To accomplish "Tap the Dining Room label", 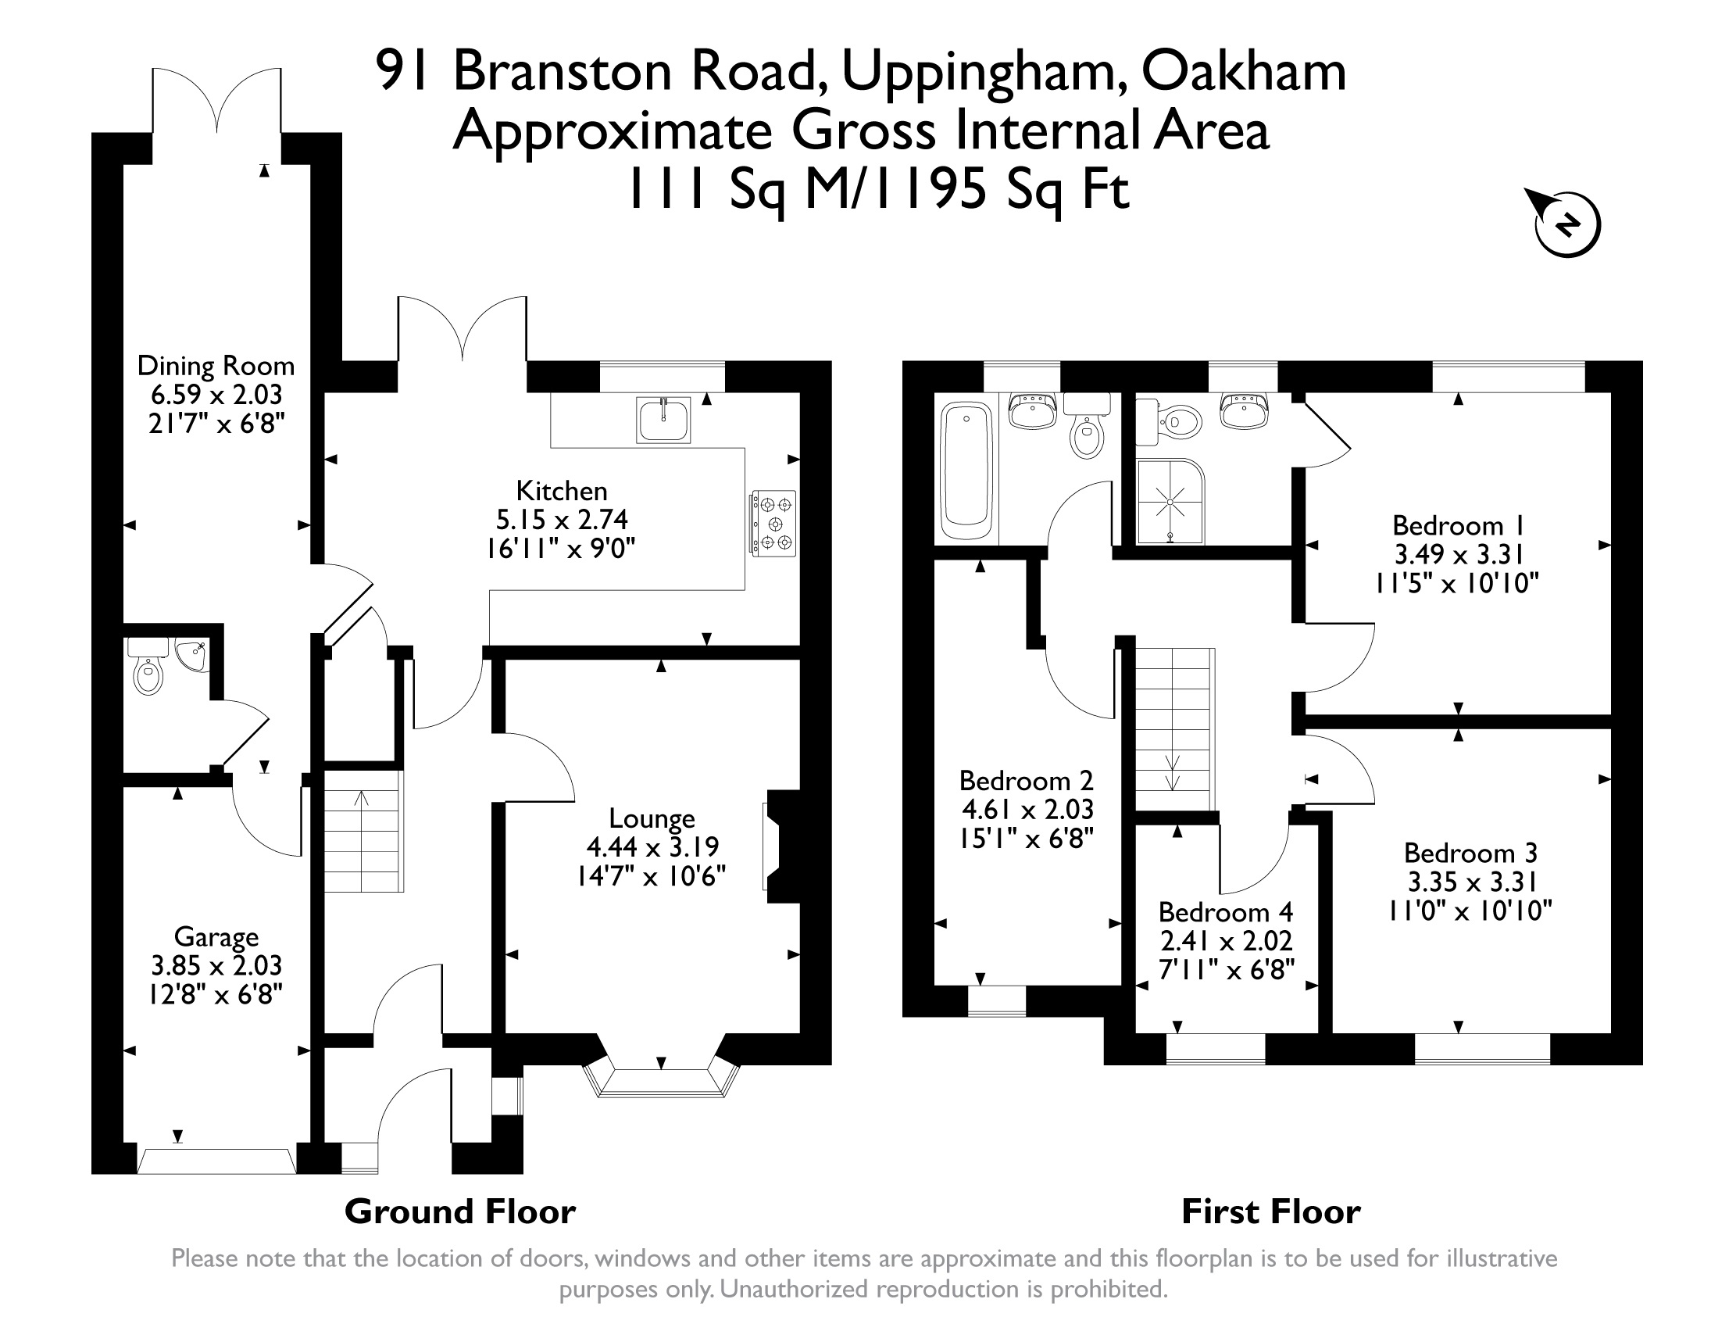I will pyautogui.click(x=216, y=366).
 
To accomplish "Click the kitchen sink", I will pyautogui.click(x=663, y=420).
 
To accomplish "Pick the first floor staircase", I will pyautogui.click(x=1173, y=729).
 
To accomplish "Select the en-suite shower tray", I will pyautogui.click(x=1170, y=502).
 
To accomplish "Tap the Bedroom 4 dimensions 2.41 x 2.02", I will pyautogui.click(x=1227, y=940).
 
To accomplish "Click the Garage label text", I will pyautogui.click(x=216, y=936).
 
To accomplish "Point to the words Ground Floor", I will pyautogui.click(x=459, y=1211).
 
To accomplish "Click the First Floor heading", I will pyautogui.click(x=1270, y=1211).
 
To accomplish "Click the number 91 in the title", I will pyautogui.click(x=405, y=70).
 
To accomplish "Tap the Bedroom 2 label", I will pyautogui.click(x=1025, y=780).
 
